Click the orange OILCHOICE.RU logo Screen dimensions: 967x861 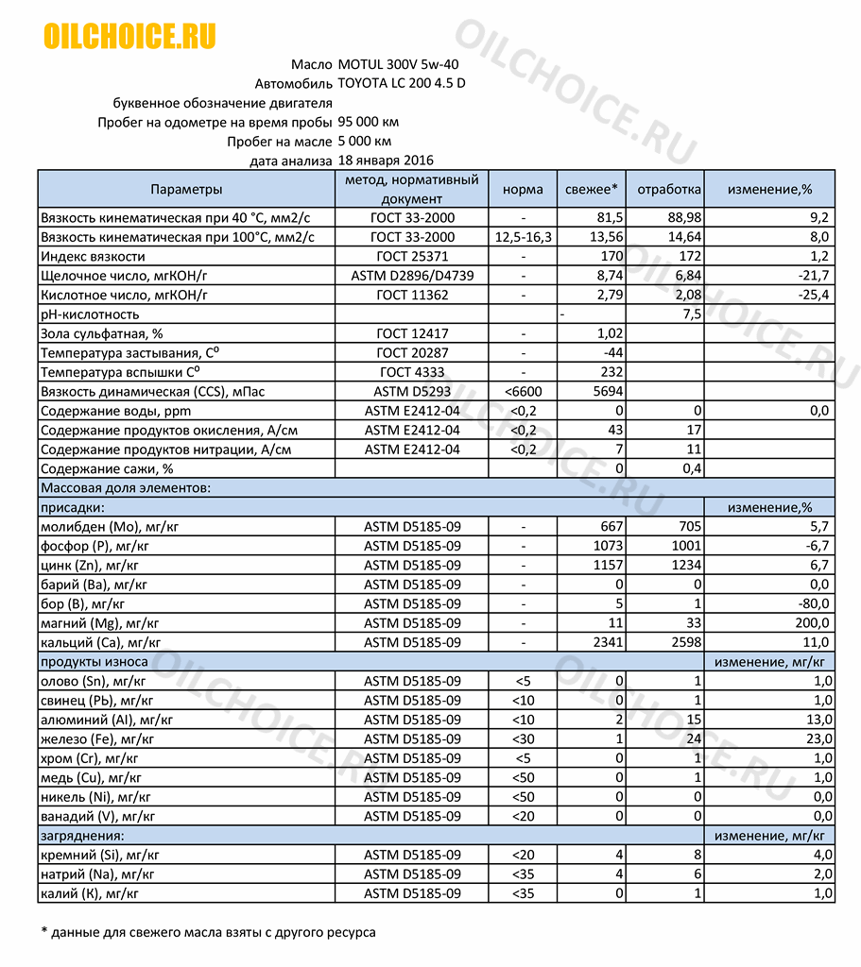click(129, 36)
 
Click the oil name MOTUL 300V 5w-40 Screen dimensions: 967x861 click(399, 64)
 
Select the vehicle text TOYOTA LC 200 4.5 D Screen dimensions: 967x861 click(401, 83)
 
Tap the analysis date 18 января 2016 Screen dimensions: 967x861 click(386, 161)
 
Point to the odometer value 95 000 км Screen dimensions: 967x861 click(368, 122)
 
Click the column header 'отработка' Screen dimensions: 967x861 click(668, 189)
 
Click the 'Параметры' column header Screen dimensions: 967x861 click(186, 189)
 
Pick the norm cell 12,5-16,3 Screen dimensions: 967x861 click(523, 237)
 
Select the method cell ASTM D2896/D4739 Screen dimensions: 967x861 click(412, 276)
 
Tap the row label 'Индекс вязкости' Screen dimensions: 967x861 click(93, 257)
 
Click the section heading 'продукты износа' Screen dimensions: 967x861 click(83, 662)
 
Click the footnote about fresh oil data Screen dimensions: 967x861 click(208, 933)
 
